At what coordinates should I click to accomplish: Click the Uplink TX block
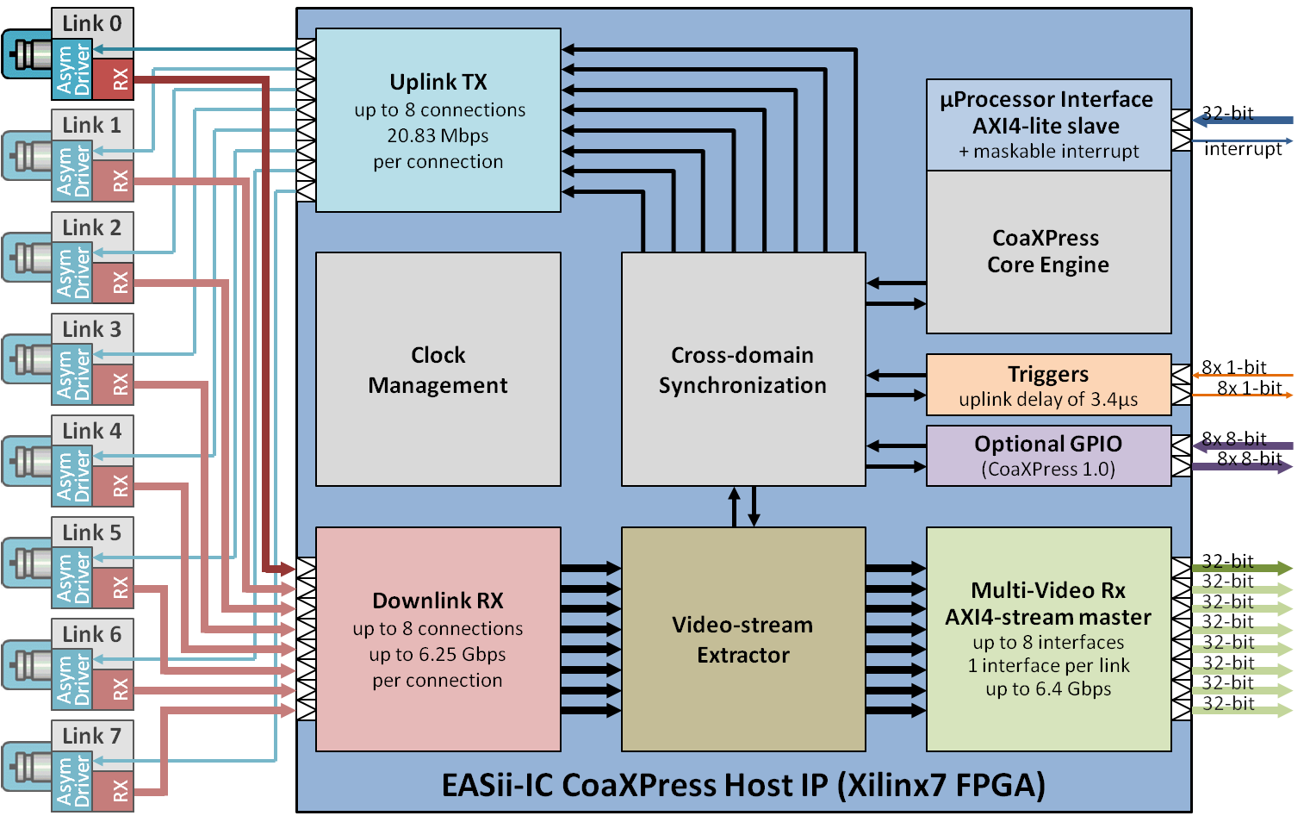[438, 121]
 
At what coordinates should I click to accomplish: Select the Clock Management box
[438, 370]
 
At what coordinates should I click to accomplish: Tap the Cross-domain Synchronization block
[742, 370]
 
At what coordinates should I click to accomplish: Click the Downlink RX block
[438, 639]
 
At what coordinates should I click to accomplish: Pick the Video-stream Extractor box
[742, 639]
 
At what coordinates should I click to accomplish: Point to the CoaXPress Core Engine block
[1048, 252]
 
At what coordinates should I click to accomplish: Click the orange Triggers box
[1048, 385]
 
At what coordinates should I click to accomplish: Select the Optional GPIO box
[1048, 456]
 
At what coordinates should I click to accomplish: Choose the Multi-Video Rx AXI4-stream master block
[1048, 639]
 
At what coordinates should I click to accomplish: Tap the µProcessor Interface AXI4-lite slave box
[1048, 125]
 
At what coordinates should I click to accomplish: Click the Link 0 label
[92, 24]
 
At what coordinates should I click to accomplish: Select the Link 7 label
[92, 736]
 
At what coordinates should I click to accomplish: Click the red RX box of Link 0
[113, 79]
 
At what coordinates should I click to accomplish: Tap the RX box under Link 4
[113, 486]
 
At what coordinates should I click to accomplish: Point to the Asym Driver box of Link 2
[72, 273]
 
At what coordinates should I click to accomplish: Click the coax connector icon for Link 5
[27, 564]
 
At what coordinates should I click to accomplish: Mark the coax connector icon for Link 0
[27, 54]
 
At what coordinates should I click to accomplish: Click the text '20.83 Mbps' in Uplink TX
[438, 136]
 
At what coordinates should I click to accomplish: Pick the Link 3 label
[92, 329]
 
